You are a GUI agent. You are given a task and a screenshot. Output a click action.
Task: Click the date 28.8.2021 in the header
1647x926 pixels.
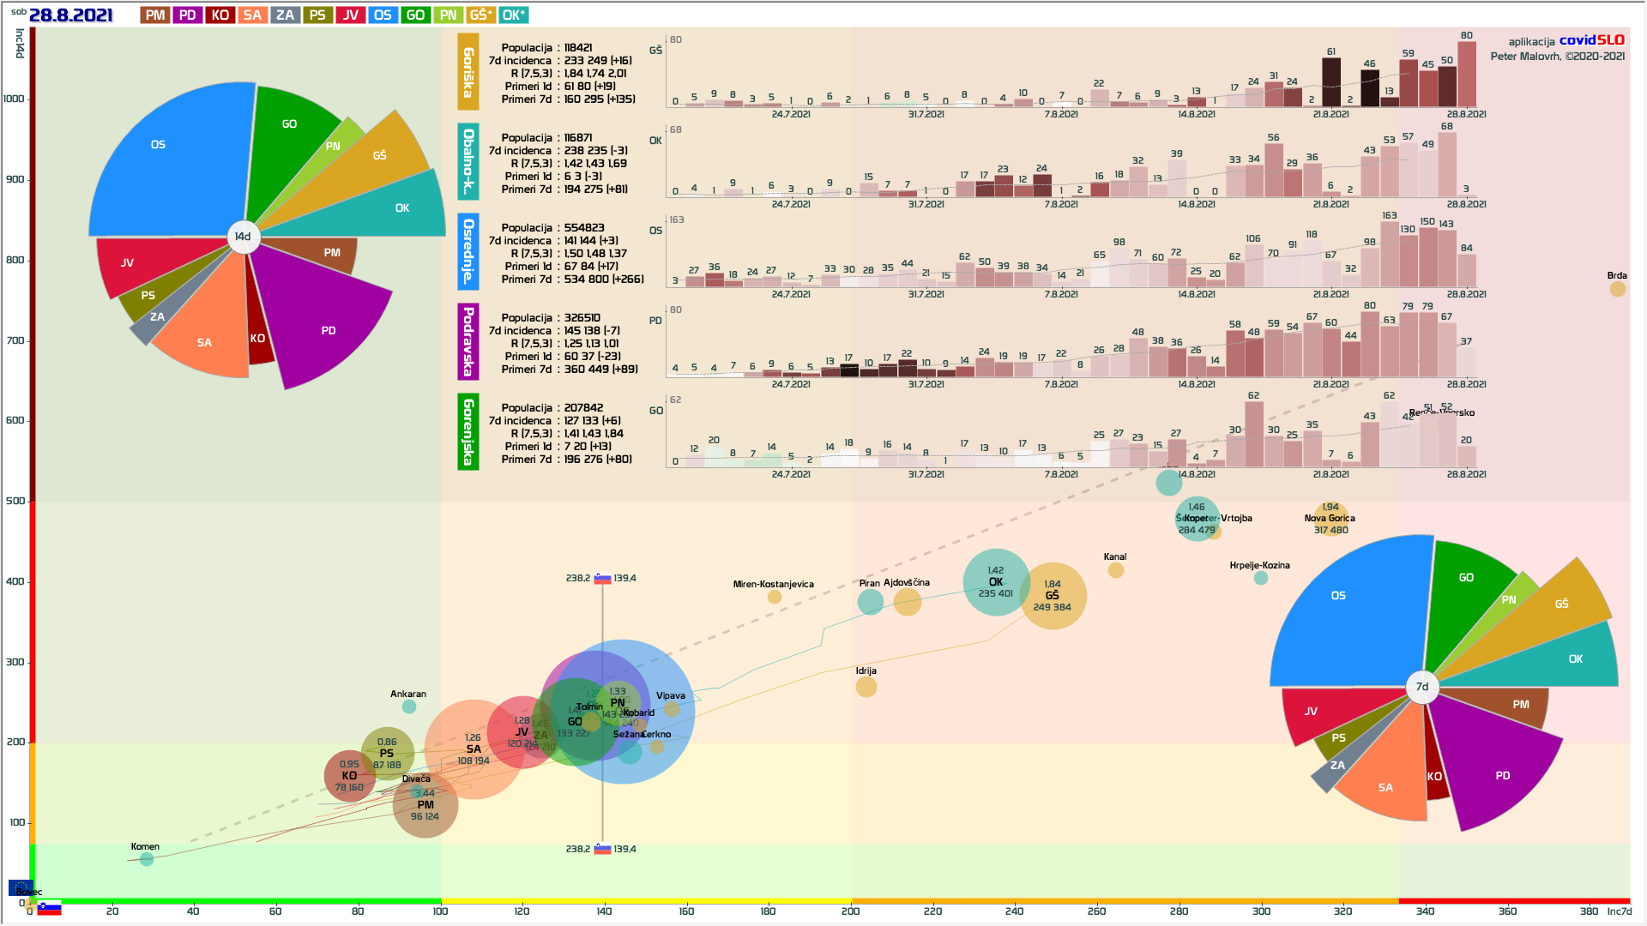[x=70, y=15]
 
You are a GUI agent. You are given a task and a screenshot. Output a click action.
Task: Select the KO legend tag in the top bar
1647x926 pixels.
[x=220, y=15]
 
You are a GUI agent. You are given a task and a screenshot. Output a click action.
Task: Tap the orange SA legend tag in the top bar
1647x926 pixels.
[x=252, y=15]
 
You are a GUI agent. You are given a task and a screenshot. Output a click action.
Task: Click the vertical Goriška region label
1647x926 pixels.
[x=468, y=72]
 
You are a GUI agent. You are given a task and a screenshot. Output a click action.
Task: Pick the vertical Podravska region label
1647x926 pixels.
[x=468, y=341]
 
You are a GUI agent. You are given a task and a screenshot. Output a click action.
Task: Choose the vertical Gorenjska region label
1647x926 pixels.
[x=468, y=431]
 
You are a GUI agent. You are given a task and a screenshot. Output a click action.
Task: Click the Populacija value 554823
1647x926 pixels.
[x=583, y=228]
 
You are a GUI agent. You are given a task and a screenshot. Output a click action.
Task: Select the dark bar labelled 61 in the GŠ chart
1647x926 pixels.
[x=1330, y=82]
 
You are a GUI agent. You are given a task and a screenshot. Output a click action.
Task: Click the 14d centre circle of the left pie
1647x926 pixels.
[x=243, y=237]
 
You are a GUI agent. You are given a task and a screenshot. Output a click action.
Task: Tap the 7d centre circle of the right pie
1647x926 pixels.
[x=1421, y=687]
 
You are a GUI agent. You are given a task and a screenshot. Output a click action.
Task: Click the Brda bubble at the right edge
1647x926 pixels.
[x=1617, y=289]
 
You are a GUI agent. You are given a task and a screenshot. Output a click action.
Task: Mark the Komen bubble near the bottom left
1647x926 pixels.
[x=147, y=859]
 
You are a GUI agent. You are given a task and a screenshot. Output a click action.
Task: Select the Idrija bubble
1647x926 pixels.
[x=866, y=687]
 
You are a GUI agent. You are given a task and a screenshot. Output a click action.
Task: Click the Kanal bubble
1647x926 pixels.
[x=1115, y=570]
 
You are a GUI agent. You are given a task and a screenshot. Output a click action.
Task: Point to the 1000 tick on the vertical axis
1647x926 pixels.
[x=15, y=99]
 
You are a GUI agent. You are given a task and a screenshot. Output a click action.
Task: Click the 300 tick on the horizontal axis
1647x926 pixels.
[x=1261, y=911]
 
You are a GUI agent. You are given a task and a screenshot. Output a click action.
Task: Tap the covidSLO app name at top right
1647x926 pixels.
[x=1591, y=40]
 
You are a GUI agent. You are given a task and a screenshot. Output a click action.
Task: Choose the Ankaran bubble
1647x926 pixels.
[x=409, y=707]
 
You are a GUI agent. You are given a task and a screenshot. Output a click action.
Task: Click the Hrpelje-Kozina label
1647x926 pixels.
[x=1259, y=566]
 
